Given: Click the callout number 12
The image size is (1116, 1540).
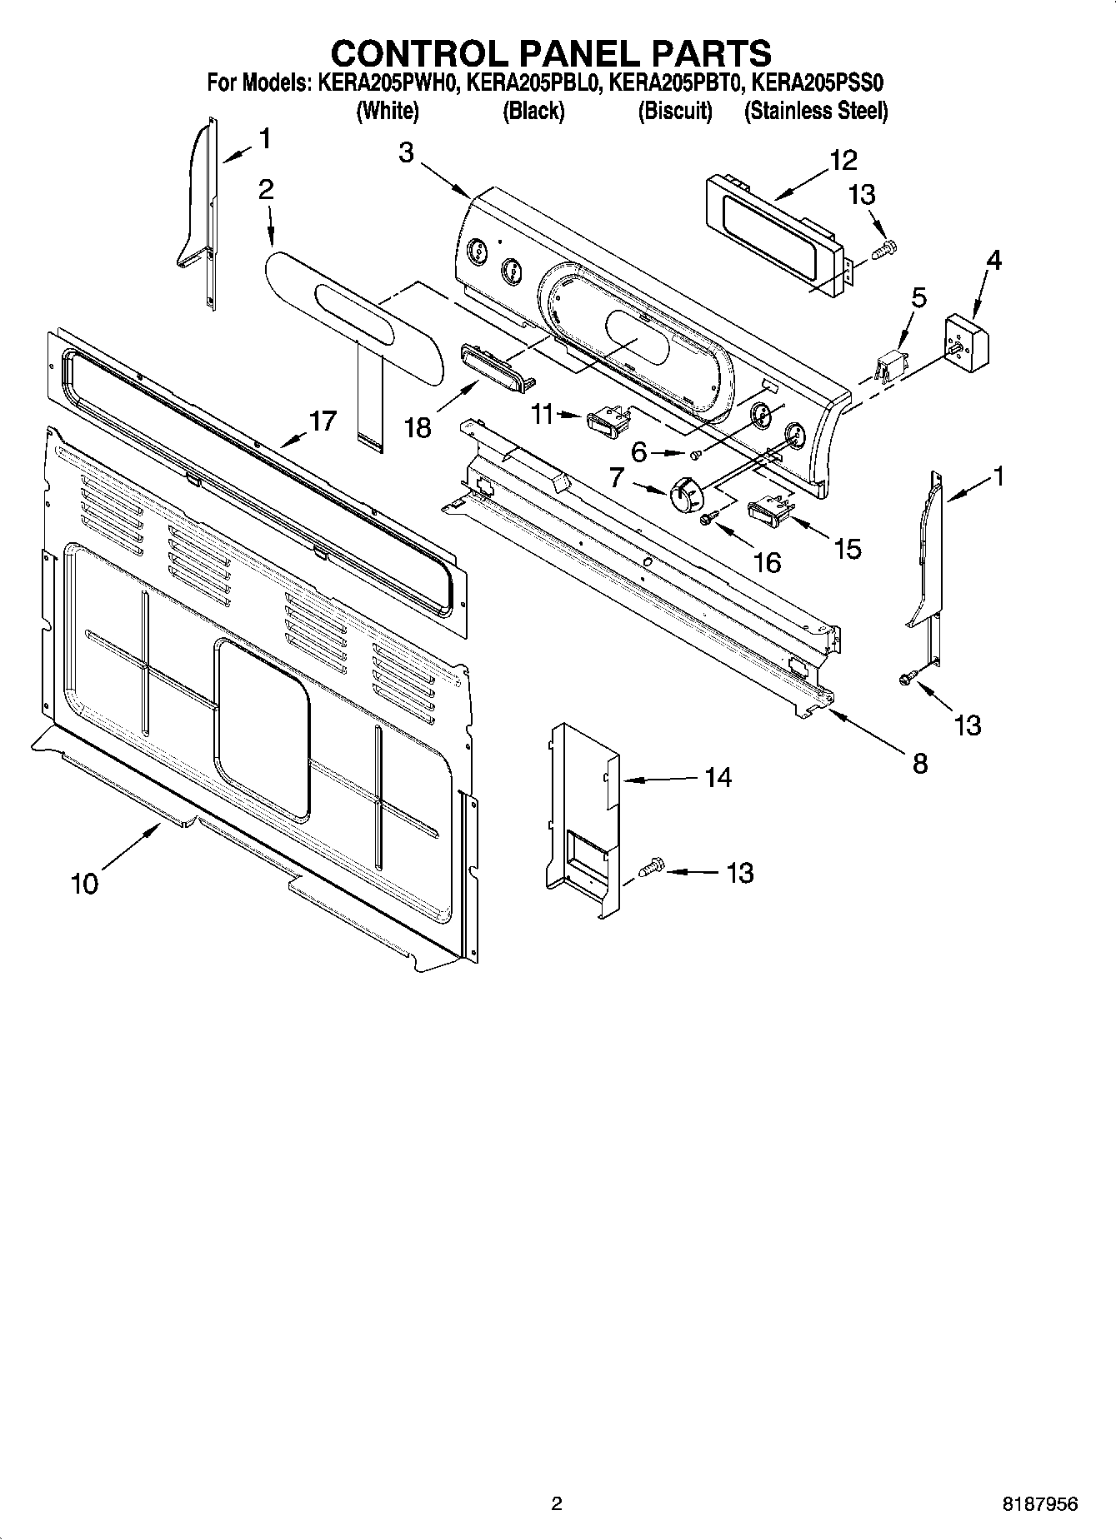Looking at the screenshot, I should coord(843,160).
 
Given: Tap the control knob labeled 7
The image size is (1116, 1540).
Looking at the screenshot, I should coord(686,497).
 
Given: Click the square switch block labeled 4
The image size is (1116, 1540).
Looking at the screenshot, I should coord(969,341).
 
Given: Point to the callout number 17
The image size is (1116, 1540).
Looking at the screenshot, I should coord(323,421).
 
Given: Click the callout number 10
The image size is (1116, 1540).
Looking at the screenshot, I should coord(85,883).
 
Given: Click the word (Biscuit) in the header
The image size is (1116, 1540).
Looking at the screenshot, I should coord(675,111).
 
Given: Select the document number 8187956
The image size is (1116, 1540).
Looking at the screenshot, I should coord(1038,1504).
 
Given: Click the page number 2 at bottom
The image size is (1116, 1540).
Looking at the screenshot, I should coord(557,1504).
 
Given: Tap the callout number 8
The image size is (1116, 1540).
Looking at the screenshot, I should coord(919,763).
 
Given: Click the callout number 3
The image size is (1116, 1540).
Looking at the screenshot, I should coord(406,153).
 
